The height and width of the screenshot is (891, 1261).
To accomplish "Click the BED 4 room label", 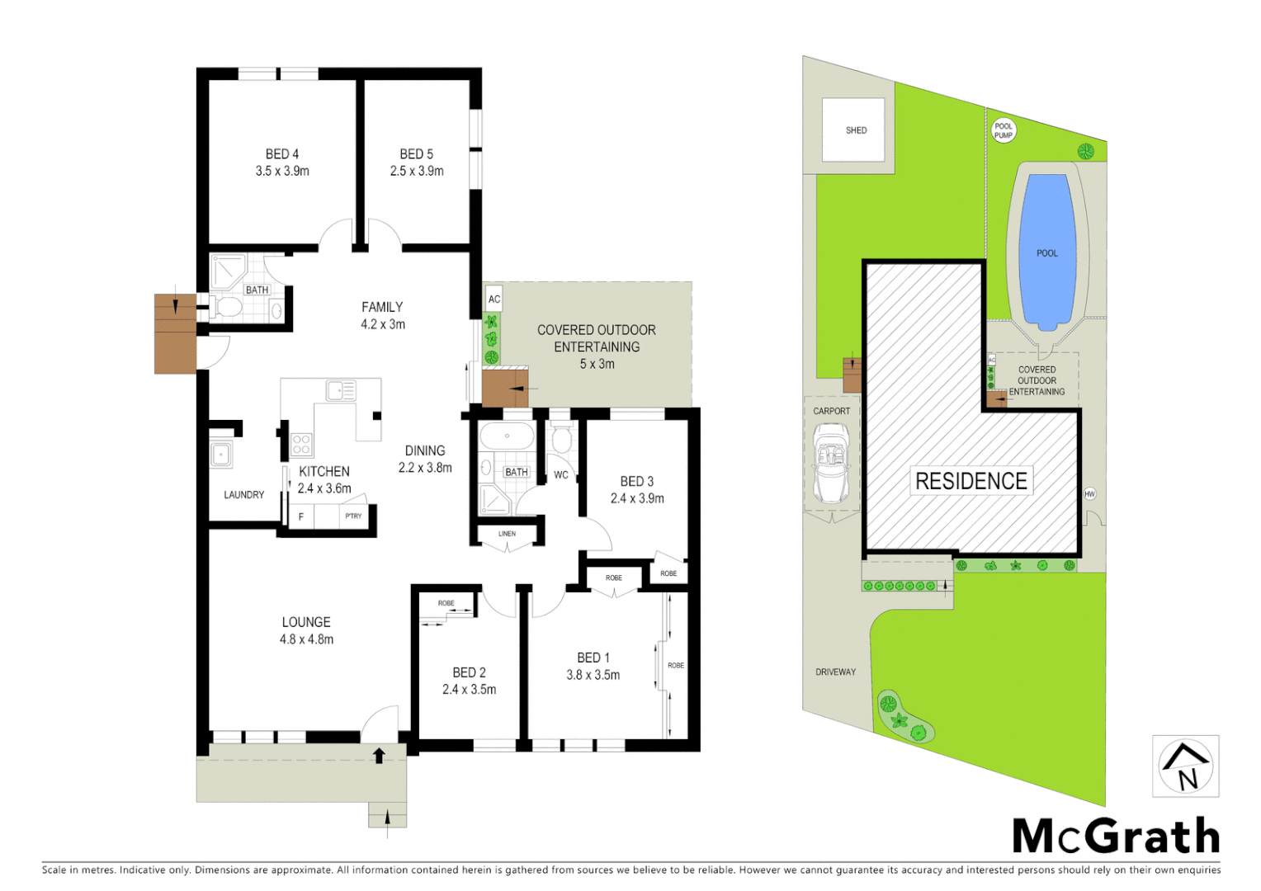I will click(x=282, y=154).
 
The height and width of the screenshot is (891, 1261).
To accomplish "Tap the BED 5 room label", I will click(x=417, y=154).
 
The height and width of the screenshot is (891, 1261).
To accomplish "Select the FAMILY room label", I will click(x=382, y=307).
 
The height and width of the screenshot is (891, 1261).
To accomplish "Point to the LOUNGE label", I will click(x=306, y=622).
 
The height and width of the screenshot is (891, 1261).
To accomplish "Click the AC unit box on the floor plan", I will click(x=494, y=299).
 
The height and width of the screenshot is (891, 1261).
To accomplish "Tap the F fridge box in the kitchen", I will click(x=301, y=516).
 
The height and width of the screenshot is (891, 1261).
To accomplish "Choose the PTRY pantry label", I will click(x=354, y=516).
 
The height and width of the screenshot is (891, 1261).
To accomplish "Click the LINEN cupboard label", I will click(x=507, y=534).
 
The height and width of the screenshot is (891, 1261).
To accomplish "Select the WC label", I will click(x=561, y=475).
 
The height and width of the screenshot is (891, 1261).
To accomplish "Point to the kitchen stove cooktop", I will click(x=301, y=445).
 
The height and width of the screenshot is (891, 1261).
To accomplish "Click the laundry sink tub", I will click(x=221, y=455).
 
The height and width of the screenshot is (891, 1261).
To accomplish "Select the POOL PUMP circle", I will click(x=1004, y=130).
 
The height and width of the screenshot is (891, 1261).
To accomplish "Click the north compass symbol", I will click(x=1186, y=766).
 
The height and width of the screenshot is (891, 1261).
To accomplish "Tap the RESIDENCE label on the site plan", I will click(x=971, y=481).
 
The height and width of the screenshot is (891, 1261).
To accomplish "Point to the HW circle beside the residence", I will click(x=1090, y=494).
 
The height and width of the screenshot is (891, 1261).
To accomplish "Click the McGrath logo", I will click(x=1116, y=837).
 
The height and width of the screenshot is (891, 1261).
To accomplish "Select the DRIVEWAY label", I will click(x=836, y=672).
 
